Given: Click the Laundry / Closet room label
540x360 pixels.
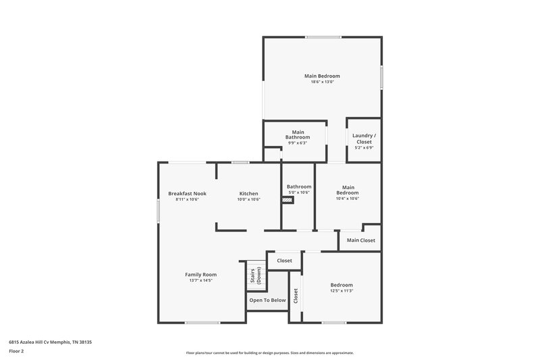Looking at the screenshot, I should click(364, 138).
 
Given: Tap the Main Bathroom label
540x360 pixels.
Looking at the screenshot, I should click(298, 134).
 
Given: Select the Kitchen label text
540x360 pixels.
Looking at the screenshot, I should click(249, 194).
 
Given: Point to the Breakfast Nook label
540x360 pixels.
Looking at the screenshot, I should click(187, 194).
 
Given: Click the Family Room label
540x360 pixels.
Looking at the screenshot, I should click(201, 274).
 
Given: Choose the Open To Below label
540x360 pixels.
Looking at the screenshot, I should click(268, 300).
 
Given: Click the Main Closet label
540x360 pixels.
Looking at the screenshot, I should click(361, 240).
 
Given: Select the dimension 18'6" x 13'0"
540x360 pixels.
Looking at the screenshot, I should click(321, 82).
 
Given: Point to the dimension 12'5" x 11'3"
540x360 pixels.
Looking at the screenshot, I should click(342, 291).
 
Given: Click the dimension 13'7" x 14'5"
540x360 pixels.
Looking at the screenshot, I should click(201, 280).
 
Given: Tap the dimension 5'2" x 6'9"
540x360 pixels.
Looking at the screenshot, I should click(364, 148).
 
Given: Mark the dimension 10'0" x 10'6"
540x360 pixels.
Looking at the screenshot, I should click(249, 200).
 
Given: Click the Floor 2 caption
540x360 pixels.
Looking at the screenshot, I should click(18, 351).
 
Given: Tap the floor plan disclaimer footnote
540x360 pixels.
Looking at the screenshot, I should click(269, 353).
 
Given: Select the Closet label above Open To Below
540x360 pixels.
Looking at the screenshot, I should click(284, 260).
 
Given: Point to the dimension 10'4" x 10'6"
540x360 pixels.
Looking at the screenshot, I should click(348, 199).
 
